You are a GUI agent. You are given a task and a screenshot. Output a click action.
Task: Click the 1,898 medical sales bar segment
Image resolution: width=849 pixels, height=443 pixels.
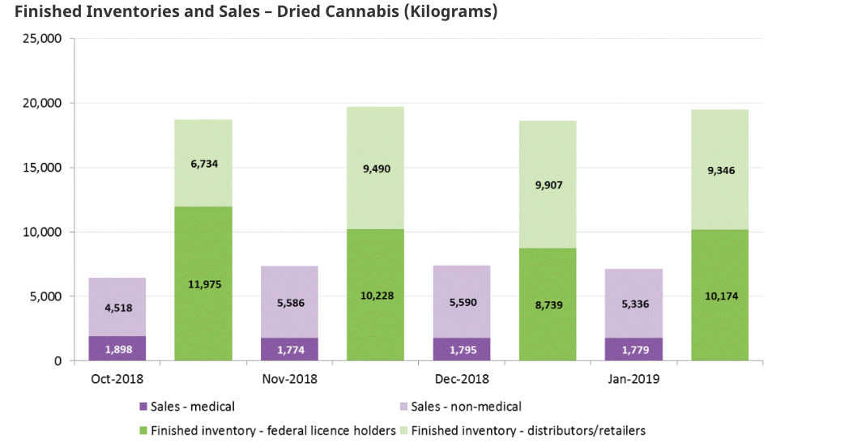(x=117, y=349)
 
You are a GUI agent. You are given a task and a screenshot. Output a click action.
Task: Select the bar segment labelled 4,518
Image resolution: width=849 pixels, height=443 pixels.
(x=117, y=308)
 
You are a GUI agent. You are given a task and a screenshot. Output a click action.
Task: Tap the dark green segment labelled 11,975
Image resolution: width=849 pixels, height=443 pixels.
(x=203, y=283)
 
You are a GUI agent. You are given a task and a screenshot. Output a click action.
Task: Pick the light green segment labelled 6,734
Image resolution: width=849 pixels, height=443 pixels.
(x=203, y=164)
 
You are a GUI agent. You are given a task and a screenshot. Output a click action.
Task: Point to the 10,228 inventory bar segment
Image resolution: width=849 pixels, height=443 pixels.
(x=375, y=295)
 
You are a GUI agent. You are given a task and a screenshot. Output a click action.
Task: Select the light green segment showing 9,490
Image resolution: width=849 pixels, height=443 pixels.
(x=375, y=168)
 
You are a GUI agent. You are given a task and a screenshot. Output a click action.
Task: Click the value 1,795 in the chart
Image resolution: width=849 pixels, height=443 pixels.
(x=461, y=350)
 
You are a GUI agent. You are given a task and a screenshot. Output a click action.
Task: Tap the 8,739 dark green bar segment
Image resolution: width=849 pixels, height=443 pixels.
(x=548, y=305)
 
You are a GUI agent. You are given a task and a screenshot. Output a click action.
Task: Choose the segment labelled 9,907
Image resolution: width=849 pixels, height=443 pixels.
(x=548, y=185)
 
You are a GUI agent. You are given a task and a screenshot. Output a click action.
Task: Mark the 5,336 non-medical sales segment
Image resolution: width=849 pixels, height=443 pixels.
(x=634, y=305)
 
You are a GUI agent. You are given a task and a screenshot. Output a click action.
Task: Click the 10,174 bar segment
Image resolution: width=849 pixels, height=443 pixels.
(x=719, y=296)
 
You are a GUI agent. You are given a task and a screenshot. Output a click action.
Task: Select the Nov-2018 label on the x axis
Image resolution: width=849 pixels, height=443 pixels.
(x=289, y=379)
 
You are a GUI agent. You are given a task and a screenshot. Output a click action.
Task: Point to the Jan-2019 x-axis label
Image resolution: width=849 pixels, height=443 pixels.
(x=634, y=379)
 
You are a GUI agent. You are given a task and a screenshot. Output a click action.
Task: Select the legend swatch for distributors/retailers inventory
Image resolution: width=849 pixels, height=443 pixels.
(x=404, y=430)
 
